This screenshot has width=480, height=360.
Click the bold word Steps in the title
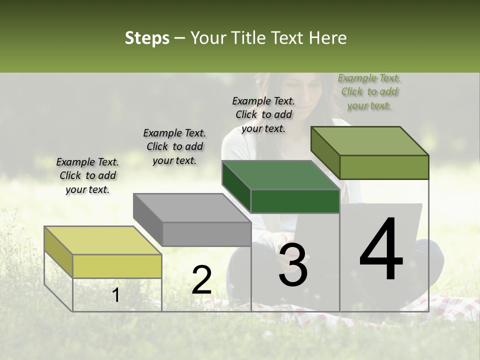[147, 38]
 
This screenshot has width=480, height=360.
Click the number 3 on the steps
[293, 265]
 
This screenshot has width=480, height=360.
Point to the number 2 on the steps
[201, 280]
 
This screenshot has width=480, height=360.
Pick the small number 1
[115, 295]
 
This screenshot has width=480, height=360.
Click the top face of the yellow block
[103, 240]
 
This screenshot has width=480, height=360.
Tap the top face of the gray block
[192, 207]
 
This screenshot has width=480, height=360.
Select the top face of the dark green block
[280, 175]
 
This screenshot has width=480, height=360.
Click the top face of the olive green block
[369, 141]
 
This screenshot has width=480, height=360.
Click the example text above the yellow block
[87, 175]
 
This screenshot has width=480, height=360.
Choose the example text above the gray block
[174, 146]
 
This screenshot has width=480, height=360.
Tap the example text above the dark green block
[263, 114]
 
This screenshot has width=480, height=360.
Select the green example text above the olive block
[369, 91]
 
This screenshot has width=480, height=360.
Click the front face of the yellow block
[117, 266]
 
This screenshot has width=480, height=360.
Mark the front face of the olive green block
[384, 167]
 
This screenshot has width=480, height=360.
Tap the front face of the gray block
[206, 234]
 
